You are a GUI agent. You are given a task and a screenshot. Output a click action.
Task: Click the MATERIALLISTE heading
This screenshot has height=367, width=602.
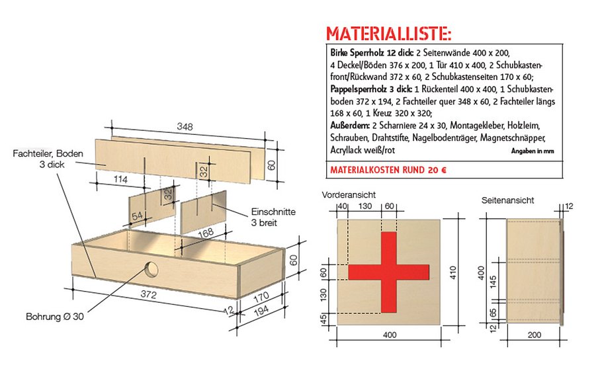coord(389,34)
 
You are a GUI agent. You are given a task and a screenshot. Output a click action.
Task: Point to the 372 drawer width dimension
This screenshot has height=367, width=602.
coord(150,295)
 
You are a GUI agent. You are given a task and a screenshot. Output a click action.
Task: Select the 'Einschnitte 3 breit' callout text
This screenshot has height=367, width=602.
coord(273,217)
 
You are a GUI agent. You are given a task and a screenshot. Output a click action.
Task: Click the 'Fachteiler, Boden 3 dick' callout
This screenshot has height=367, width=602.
coord(48,159)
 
